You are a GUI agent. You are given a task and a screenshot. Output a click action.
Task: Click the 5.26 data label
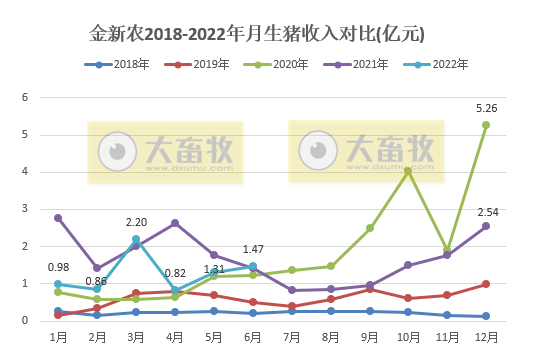click(486, 107)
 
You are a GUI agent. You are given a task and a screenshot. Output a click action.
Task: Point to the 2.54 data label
click(487, 212)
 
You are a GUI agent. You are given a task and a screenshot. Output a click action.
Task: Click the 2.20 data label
click(137, 222)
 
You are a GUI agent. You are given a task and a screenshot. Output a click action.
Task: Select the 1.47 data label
click(251, 249)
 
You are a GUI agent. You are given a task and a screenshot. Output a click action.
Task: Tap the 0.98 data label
click(59, 267)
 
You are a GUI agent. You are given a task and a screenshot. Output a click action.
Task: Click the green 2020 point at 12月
click(486, 125)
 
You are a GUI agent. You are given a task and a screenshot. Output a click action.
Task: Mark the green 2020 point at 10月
click(408, 171)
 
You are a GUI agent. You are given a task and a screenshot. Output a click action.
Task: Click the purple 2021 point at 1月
click(59, 218)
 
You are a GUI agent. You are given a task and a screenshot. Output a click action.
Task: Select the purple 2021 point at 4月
click(176, 223)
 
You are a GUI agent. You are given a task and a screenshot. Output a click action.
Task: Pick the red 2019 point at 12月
click(486, 284)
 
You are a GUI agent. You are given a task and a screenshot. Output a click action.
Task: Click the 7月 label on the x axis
click(292, 338)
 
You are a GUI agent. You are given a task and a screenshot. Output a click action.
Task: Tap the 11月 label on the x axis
click(447, 338)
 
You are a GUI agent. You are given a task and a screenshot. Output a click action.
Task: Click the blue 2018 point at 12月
click(486, 316)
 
